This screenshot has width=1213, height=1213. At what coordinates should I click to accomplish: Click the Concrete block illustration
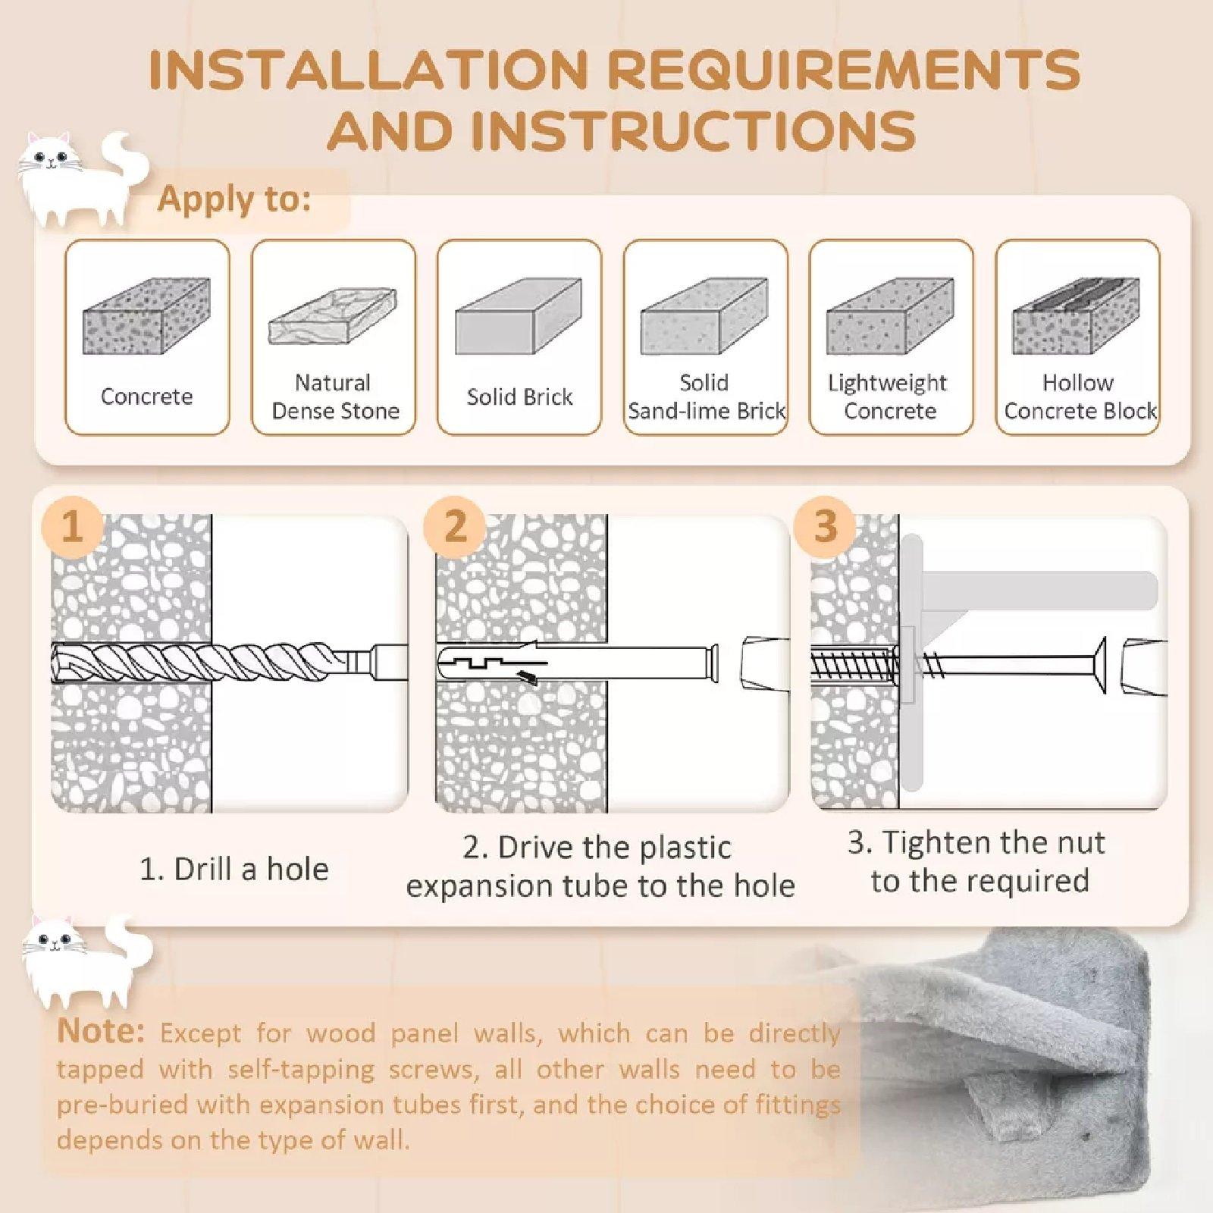(x=146, y=316)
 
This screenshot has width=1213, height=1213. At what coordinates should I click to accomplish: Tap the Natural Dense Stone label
(x=335, y=396)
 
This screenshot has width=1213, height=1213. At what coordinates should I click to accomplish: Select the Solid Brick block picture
(x=519, y=316)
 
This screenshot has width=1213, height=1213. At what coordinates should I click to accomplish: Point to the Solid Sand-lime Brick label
(x=706, y=396)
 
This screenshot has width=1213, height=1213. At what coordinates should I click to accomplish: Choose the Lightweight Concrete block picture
(x=890, y=316)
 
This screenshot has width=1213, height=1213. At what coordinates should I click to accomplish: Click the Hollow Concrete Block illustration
(x=1076, y=316)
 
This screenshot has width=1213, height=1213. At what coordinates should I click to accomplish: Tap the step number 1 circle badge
(x=72, y=526)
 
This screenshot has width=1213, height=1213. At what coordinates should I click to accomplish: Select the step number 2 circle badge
(x=455, y=526)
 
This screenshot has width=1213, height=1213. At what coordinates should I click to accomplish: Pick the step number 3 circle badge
(x=825, y=526)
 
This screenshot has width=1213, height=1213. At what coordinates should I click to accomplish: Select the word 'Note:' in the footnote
(x=100, y=1031)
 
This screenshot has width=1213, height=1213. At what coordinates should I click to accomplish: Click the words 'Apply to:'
(x=234, y=199)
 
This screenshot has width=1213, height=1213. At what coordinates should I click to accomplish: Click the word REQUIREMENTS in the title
(x=844, y=70)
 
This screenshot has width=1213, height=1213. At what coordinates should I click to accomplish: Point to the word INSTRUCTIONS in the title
(x=693, y=130)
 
